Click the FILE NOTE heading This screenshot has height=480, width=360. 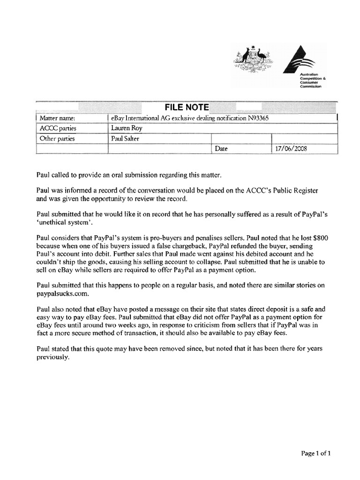pos(186,107)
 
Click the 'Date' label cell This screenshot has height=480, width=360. pos(221,149)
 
